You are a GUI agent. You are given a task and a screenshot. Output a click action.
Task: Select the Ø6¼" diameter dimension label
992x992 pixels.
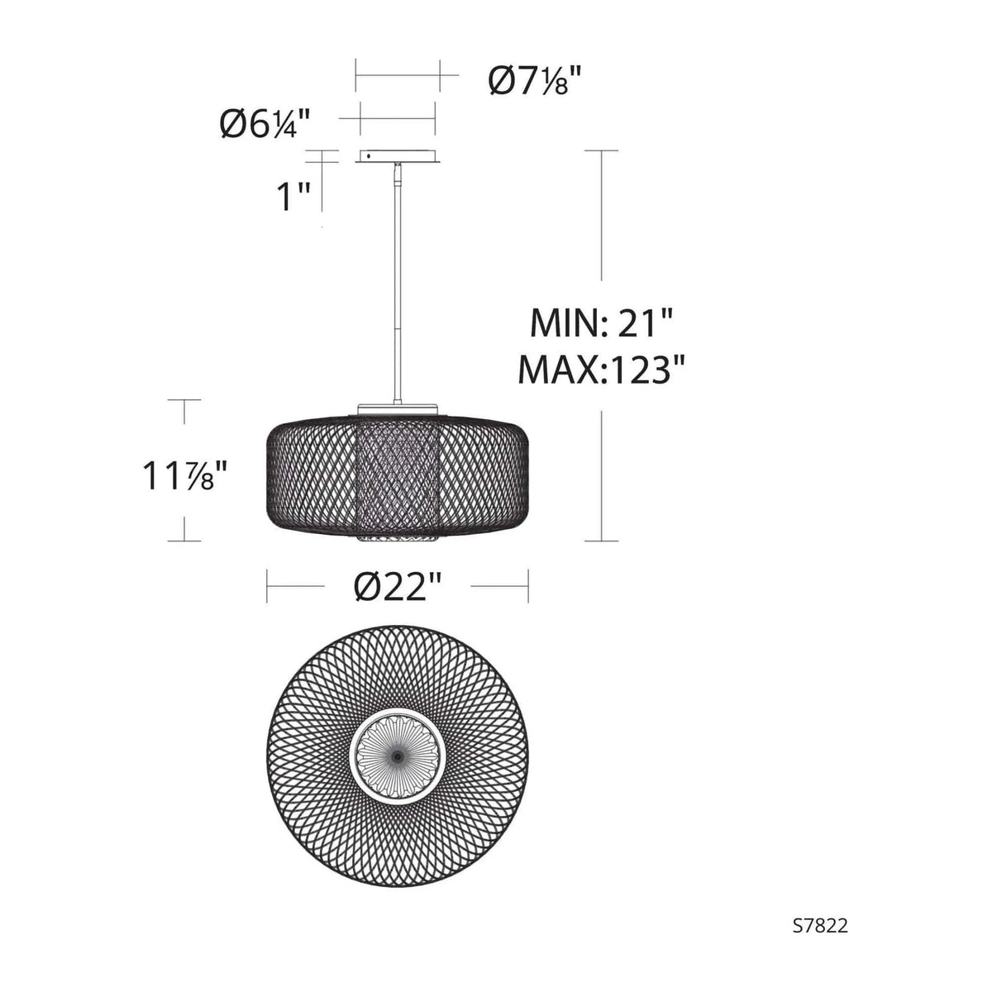265,124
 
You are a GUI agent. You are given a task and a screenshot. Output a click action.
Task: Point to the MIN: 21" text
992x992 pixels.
601,322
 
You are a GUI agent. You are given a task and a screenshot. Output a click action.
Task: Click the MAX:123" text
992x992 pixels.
602,369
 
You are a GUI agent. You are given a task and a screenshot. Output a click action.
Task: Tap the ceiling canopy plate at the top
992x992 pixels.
398,156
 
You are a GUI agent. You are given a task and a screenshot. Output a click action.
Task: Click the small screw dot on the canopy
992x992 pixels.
369,155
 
